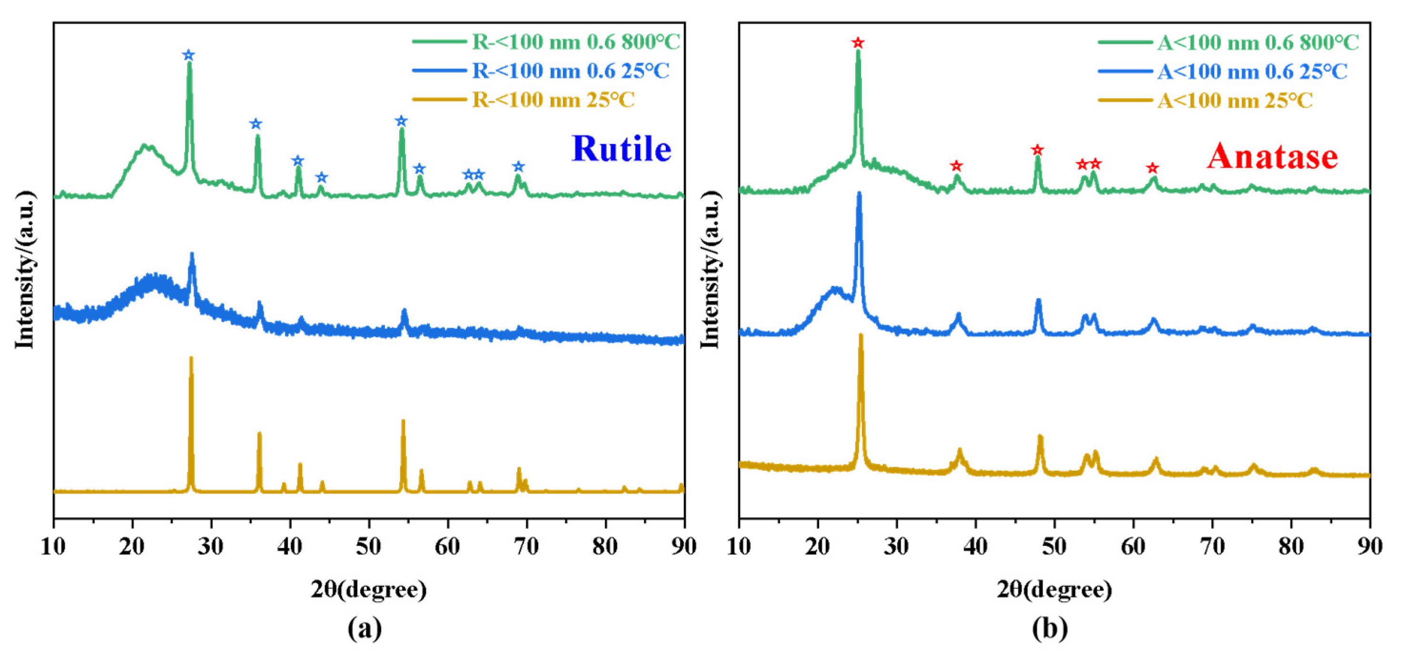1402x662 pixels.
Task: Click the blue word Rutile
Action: click(621, 148)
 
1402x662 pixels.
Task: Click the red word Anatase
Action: click(1272, 156)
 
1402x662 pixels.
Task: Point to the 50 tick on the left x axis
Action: click(368, 545)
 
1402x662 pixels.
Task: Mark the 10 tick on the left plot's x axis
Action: click(53, 545)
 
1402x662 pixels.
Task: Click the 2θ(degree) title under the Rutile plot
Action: click(368, 589)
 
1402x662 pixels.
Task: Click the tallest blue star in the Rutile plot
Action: click(188, 55)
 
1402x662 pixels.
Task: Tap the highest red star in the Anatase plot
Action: click(858, 42)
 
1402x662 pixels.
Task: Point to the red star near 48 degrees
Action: click(1037, 150)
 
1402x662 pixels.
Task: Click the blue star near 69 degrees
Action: click(519, 166)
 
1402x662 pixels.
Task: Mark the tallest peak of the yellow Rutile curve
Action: click(190, 359)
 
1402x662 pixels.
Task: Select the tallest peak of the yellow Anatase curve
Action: click(860, 336)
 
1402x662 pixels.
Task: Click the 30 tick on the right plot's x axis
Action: click(897, 545)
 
